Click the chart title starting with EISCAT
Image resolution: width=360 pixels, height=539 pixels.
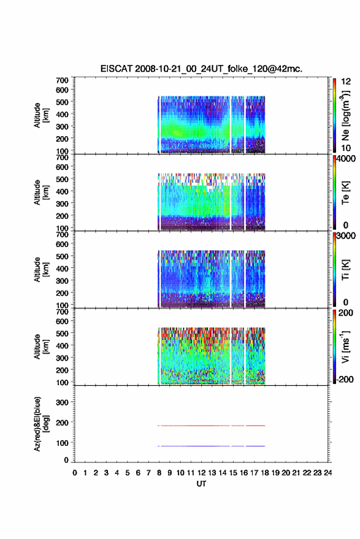click(201, 69)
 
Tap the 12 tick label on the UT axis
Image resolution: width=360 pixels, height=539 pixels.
click(201, 473)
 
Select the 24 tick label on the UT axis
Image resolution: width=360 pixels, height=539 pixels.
click(327, 473)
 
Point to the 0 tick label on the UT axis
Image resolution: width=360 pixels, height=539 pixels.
click(75, 473)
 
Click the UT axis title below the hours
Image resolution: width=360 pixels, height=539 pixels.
click(201, 484)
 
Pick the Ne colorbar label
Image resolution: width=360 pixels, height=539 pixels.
click(345, 116)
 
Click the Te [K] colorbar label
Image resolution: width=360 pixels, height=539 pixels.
click(345, 193)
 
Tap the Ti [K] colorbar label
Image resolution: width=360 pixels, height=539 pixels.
click(345, 270)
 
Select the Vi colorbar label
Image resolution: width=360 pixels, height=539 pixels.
click(345, 346)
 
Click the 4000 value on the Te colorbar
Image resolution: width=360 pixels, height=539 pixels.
click(346, 159)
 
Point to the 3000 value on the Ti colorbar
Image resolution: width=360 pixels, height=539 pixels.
click(346, 236)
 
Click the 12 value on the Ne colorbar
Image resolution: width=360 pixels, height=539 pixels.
click(346, 82)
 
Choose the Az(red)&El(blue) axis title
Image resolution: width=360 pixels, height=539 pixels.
click(41, 424)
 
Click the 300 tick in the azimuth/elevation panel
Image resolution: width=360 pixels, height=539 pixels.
click(62, 402)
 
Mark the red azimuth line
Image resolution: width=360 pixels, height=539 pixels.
click(212, 426)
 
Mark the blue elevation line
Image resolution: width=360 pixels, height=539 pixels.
click(212, 446)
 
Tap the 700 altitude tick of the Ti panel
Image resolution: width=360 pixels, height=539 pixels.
click(62, 235)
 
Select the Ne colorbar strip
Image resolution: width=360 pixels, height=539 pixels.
click(334, 115)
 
